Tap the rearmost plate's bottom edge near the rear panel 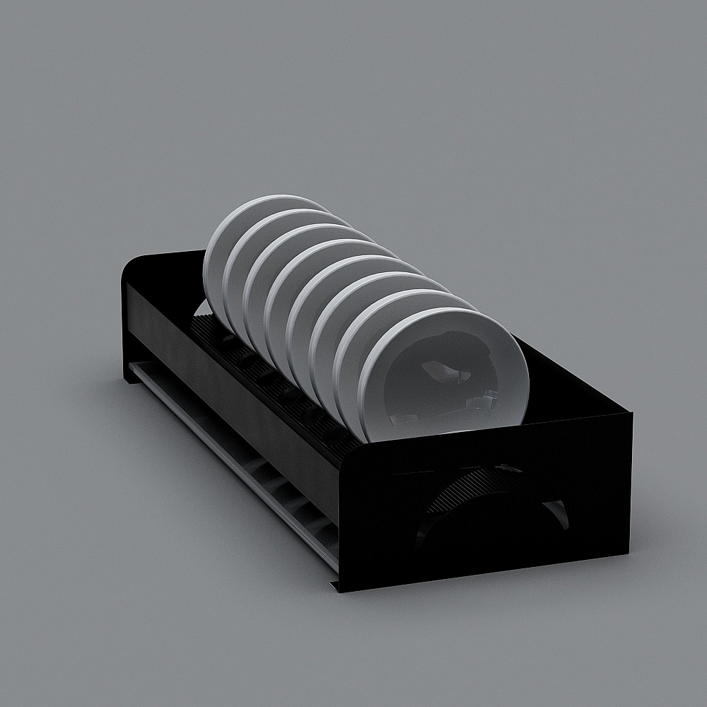(x=201, y=307)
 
